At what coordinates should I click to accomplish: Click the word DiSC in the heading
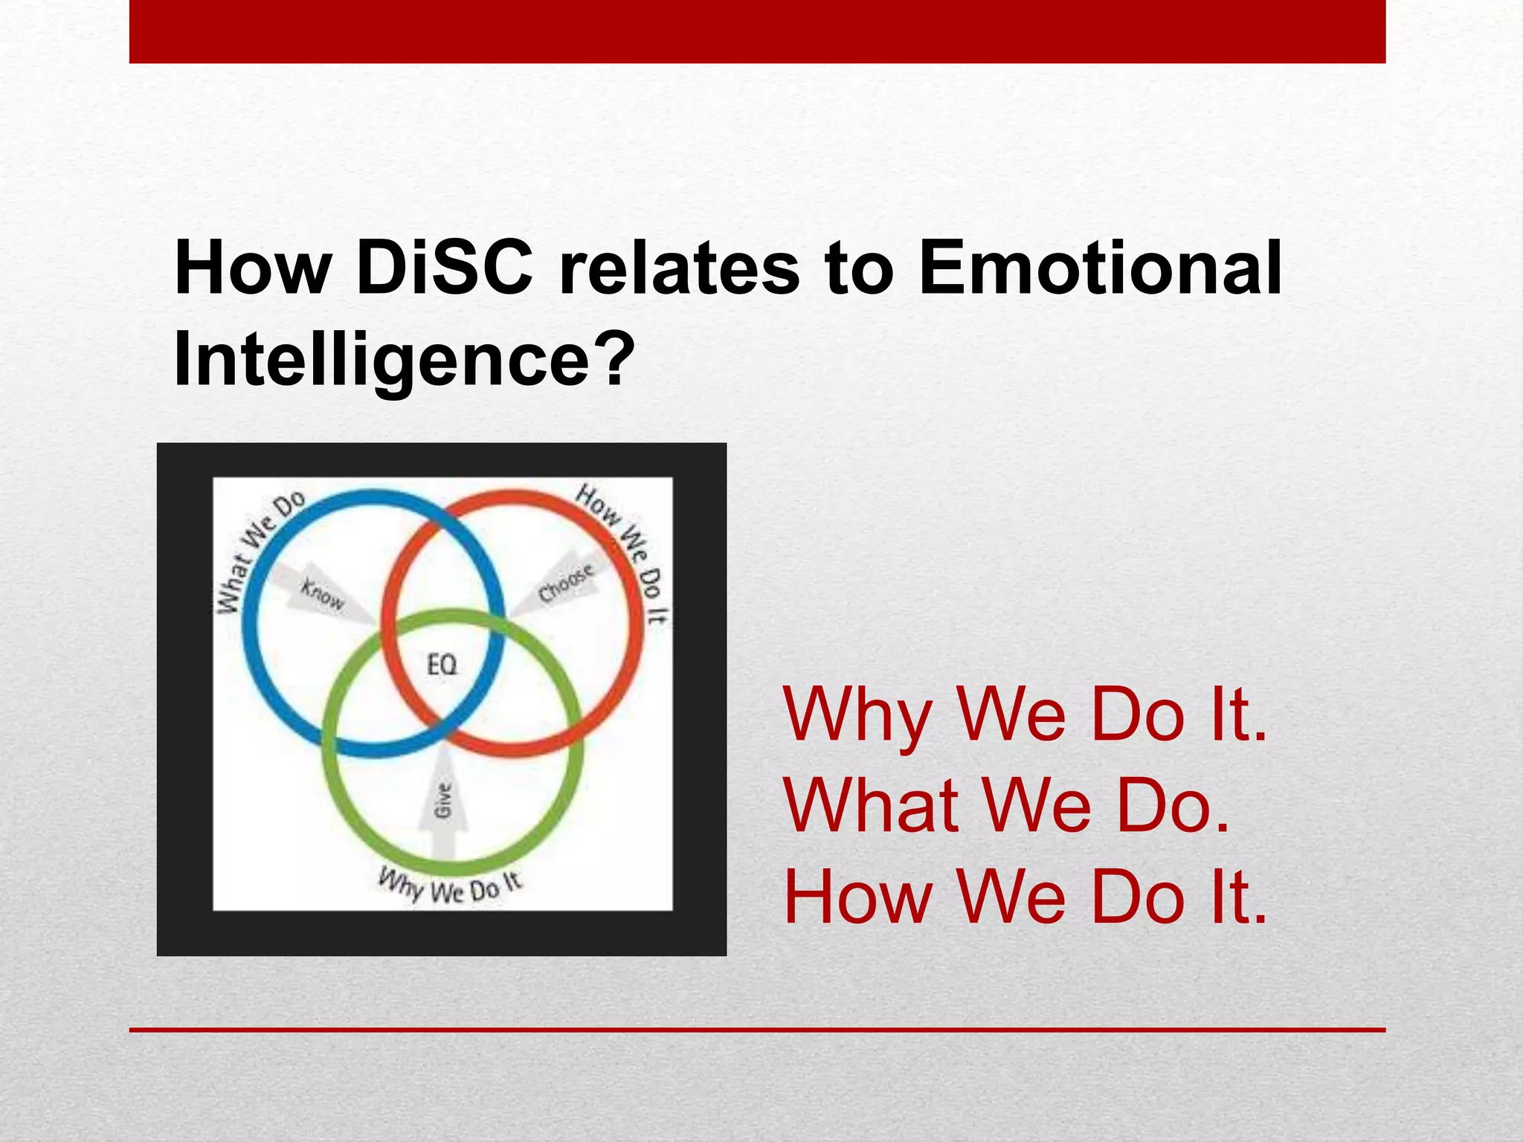point(444,269)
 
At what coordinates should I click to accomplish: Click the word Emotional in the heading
point(1100,269)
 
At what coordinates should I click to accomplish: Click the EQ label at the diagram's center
point(442,664)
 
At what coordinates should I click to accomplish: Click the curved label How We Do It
point(628,551)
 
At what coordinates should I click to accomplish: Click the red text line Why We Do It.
point(1025,715)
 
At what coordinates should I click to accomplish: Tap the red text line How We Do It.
point(1025,897)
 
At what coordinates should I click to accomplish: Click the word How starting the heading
point(251,269)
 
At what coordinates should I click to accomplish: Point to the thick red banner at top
point(757,31)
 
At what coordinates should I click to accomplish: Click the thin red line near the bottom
point(757,1030)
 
